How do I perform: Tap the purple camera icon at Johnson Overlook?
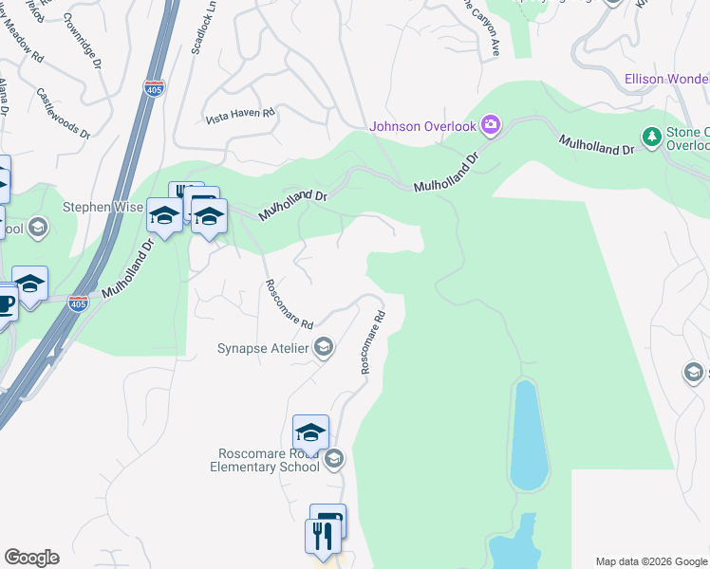point(491,124)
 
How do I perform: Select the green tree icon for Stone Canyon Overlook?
point(651,138)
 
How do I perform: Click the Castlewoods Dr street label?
point(63,114)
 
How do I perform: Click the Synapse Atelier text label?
point(264,348)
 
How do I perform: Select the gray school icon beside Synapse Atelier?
point(323,348)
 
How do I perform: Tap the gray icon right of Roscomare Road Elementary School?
point(333,460)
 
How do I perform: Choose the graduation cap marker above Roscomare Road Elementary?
point(310,432)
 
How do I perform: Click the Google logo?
point(31,558)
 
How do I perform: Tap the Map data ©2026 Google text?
point(650,561)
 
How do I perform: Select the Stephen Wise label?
point(103,207)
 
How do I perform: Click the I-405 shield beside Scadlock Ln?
point(155,88)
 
